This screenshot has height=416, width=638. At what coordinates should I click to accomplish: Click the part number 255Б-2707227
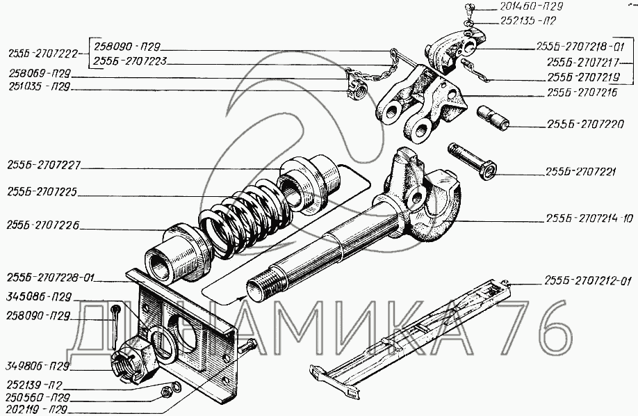(44, 165)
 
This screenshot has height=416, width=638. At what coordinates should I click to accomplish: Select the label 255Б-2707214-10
(589, 219)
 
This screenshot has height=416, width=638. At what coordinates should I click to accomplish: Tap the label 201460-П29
(530, 6)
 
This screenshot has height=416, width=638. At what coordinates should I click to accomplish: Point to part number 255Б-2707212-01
(587, 281)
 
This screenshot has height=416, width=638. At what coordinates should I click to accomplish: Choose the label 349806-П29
(38, 365)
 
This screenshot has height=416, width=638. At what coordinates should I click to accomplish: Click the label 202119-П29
(37, 409)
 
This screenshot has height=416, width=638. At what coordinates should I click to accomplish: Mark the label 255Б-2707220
(585, 124)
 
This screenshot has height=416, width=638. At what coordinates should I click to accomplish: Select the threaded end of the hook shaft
(261, 287)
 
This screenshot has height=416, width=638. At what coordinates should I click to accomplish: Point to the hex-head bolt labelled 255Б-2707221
(472, 161)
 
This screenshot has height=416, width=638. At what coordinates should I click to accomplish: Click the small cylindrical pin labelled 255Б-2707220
(493, 118)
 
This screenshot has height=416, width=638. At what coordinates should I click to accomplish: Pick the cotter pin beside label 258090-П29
(115, 321)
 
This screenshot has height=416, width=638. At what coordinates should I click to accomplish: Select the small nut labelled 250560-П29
(165, 392)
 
